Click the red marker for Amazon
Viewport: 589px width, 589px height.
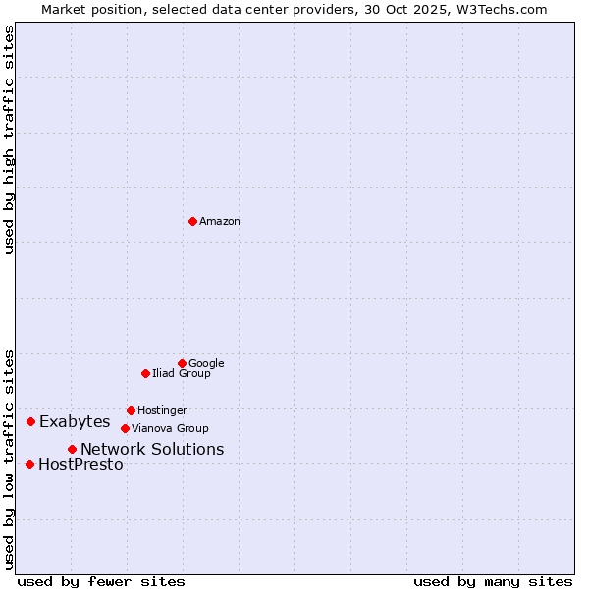click(x=192, y=221)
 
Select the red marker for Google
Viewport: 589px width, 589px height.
click(x=182, y=363)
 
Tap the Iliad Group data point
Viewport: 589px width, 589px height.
click(x=145, y=373)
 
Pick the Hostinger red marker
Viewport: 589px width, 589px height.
click(x=131, y=410)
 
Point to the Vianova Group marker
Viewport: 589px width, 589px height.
click(x=125, y=428)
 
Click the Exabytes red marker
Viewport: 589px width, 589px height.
click(x=30, y=421)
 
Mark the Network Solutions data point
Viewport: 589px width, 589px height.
click(x=72, y=449)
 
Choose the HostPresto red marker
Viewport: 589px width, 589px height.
click(x=29, y=464)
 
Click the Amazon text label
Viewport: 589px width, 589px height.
click(x=220, y=222)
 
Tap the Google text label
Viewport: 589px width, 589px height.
click(x=206, y=364)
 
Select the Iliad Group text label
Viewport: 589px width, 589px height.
click(x=182, y=374)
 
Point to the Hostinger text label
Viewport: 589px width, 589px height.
click(x=162, y=411)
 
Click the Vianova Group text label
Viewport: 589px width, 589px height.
click(x=170, y=429)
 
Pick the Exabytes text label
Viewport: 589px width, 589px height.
click(x=75, y=422)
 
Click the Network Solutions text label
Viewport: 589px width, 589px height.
click(x=152, y=450)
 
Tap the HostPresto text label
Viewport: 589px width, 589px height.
click(x=80, y=465)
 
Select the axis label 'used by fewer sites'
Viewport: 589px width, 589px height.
click(x=101, y=582)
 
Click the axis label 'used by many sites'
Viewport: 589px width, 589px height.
click(x=493, y=582)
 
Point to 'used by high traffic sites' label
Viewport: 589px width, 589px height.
click(x=10, y=139)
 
